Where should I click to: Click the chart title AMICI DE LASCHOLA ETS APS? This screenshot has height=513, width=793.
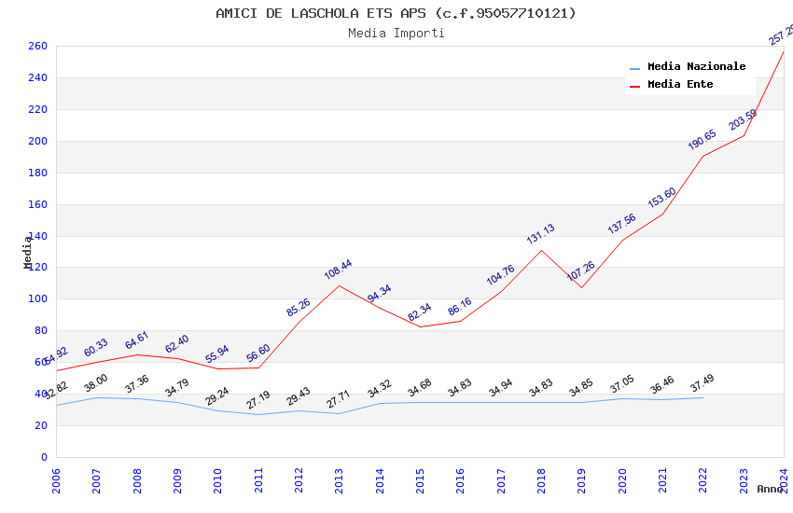(396, 13)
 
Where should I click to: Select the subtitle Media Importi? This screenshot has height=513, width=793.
(396, 33)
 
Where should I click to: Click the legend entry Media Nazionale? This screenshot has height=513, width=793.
(696, 66)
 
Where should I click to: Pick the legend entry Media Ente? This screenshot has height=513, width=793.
(680, 84)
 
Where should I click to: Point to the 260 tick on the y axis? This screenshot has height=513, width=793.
(37, 46)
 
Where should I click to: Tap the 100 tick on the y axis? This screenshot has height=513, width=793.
(37, 299)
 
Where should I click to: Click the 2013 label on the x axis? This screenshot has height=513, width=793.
(340, 481)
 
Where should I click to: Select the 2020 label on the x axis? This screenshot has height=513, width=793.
(622, 481)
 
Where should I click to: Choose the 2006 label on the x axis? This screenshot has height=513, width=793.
(56, 481)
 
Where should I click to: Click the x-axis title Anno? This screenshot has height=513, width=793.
(770, 489)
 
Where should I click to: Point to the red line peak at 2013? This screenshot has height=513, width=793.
(339, 285)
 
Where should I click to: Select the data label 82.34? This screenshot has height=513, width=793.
(420, 312)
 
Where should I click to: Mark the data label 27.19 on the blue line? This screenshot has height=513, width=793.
(257, 400)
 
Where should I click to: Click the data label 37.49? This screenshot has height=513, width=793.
(703, 383)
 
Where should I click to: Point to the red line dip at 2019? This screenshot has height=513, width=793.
(581, 287)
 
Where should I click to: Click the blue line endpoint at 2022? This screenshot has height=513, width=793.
(703, 397)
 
